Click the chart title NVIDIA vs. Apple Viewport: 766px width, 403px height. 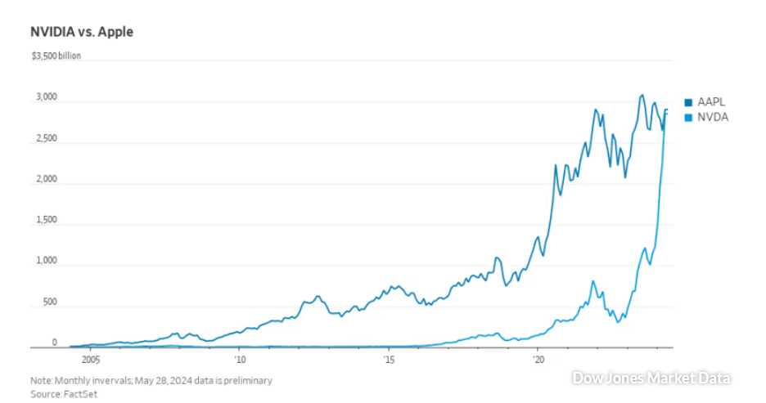(81, 32)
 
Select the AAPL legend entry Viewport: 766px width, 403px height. (711, 102)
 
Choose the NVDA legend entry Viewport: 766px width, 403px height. (712, 117)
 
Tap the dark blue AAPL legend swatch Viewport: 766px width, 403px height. (688, 102)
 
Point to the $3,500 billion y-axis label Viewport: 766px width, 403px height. (55, 56)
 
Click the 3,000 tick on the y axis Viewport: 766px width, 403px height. (47, 97)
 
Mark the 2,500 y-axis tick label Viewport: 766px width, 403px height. (47, 138)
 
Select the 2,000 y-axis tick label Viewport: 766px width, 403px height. (47, 179)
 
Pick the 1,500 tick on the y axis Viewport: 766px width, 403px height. (47, 220)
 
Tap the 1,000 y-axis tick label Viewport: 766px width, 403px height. (47, 262)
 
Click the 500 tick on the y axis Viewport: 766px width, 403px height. (50, 302)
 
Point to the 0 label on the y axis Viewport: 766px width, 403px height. (54, 343)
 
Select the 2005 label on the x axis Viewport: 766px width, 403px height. (90, 359)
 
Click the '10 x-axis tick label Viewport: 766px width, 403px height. (239, 359)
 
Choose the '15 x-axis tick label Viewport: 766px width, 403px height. (389, 359)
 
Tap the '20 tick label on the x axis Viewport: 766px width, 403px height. (538, 359)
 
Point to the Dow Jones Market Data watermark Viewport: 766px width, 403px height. (651, 378)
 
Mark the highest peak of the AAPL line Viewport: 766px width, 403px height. (642, 95)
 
